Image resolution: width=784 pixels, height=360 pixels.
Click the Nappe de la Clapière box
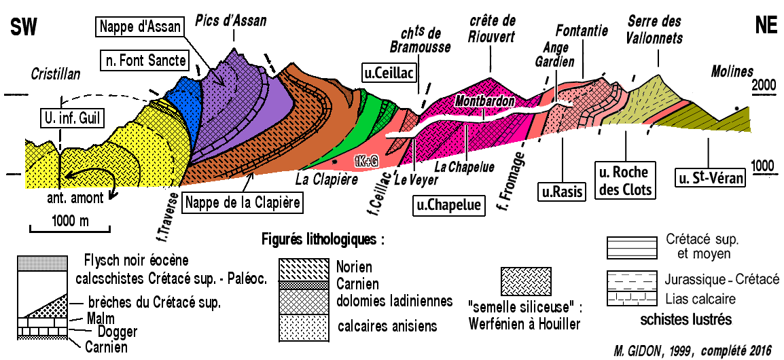[x=243, y=202]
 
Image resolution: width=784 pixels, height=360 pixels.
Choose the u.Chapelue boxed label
[x=449, y=204]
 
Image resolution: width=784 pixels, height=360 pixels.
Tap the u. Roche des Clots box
[x=625, y=179]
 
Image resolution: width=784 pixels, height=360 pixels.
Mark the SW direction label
[x=23, y=26]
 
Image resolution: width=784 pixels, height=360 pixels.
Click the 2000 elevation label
[x=763, y=86]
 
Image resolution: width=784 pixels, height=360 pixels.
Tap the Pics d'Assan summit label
[x=230, y=21]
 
